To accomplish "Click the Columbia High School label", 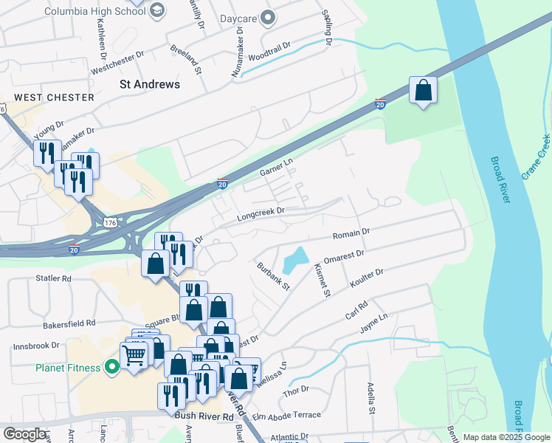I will click(x=95, y=12).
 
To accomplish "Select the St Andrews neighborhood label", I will click(x=150, y=84).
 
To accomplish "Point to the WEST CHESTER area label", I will click(x=55, y=97).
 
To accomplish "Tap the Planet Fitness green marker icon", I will click(x=112, y=365).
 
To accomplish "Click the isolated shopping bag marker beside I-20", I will click(x=423, y=92).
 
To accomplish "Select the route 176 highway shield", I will click(x=110, y=221).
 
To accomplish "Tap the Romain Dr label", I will click(x=351, y=234).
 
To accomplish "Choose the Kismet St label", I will click(x=321, y=280).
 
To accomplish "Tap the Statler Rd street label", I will click(x=53, y=279).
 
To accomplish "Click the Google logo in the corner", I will click(x=25, y=434).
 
